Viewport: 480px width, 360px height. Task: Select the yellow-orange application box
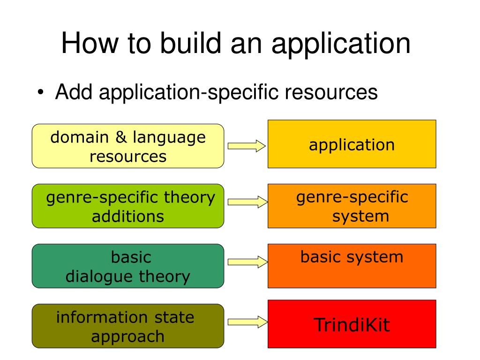pos(352,144)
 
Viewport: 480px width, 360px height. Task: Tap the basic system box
pos(352,265)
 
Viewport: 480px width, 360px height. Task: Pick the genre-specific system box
pos(352,206)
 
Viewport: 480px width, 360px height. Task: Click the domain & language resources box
pos(128,146)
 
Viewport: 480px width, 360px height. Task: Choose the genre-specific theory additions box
pos(128,206)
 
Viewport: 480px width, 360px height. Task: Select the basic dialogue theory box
pos(128,266)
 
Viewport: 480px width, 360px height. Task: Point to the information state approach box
pos(128,326)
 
